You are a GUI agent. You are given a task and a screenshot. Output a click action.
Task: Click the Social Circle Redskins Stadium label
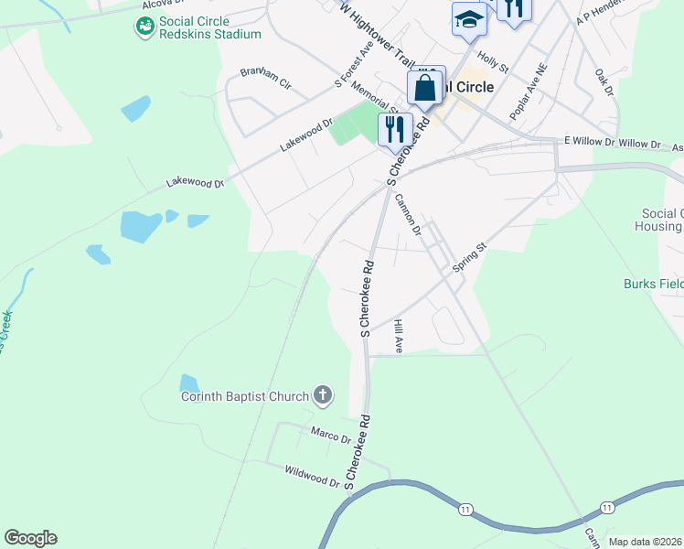(209, 27)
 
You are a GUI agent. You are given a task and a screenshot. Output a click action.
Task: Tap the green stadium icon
(145, 27)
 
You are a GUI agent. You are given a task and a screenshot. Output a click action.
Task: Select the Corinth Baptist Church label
(245, 396)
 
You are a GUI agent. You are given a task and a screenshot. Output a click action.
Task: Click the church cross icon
(322, 396)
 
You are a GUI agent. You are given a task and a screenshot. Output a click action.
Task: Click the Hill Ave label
(398, 337)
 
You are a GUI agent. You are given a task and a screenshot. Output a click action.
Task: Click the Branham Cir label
(265, 79)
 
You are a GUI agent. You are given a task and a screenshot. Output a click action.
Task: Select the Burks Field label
(654, 284)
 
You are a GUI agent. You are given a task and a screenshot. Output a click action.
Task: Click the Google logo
(30, 538)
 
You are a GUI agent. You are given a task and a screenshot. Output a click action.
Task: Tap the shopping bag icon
(425, 89)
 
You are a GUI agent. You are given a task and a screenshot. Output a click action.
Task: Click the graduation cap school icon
(469, 20)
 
